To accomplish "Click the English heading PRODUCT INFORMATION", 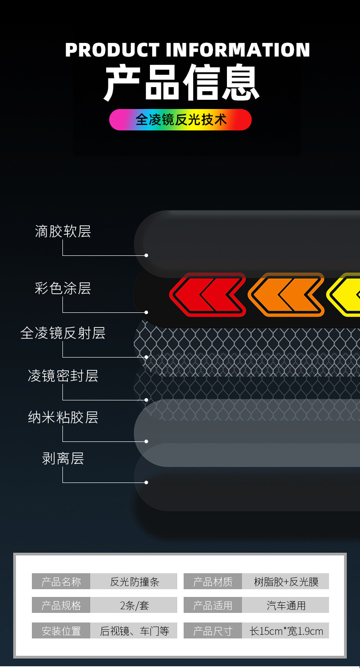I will pyautogui.click(x=187, y=50).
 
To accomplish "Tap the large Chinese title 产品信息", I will pyautogui.click(x=181, y=83).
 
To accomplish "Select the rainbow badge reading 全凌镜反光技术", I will pyautogui.click(x=180, y=119).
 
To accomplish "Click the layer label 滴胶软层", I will pyautogui.click(x=63, y=232).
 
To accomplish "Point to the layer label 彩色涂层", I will pyautogui.click(x=63, y=288).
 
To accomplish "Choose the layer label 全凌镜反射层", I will pyautogui.click(x=63, y=333).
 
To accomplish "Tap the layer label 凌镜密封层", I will pyautogui.click(x=63, y=376).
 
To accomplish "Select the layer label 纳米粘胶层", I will pyautogui.click(x=63, y=417).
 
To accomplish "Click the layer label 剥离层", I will pyautogui.click(x=63, y=458).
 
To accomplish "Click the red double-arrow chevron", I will pyautogui.click(x=208, y=295).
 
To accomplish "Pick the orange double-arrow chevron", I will pyautogui.click(x=286, y=295).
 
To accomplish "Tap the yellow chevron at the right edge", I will pyautogui.click(x=345, y=295).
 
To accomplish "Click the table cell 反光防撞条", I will pyautogui.click(x=134, y=581).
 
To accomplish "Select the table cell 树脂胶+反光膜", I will pyautogui.click(x=286, y=581).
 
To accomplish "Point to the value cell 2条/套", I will pyautogui.click(x=134, y=606).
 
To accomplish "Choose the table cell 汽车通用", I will pyautogui.click(x=286, y=606).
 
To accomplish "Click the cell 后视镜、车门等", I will pyautogui.click(x=134, y=631).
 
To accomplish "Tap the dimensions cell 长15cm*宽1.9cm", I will pyautogui.click(x=286, y=631).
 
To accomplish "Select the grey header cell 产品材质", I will pyautogui.click(x=213, y=581).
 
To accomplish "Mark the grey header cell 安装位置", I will pyautogui.click(x=61, y=631).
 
